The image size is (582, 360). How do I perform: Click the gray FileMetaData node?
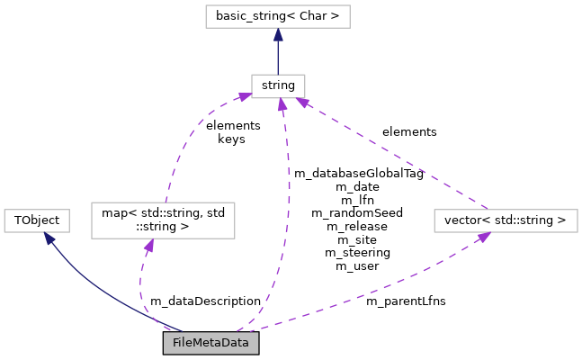tap(210, 343)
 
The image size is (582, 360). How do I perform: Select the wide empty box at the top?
tap(277, 16)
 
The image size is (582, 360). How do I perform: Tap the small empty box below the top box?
tap(278, 86)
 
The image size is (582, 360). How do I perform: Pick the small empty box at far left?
tap(37, 220)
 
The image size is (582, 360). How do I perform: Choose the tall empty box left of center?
tap(163, 220)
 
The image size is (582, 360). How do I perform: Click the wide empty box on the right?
tap(506, 220)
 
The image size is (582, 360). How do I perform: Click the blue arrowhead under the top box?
tap(278, 35)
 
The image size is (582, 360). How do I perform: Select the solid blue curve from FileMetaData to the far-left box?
tap(99, 292)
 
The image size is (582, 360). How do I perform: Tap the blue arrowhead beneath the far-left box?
tap(49, 238)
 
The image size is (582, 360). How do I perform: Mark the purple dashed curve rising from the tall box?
tap(180, 144)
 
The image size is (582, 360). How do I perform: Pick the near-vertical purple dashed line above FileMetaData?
tap(286, 216)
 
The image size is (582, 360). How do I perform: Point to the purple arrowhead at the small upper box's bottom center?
tap(282, 105)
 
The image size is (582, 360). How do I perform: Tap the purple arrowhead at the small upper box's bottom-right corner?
tap(303, 102)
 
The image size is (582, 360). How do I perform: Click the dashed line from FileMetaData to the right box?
tap(378, 286)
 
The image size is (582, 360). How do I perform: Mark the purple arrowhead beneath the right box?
tap(483, 237)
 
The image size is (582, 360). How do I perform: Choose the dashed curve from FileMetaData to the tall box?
tap(141, 288)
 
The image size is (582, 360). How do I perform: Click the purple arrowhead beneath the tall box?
tap(148, 245)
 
